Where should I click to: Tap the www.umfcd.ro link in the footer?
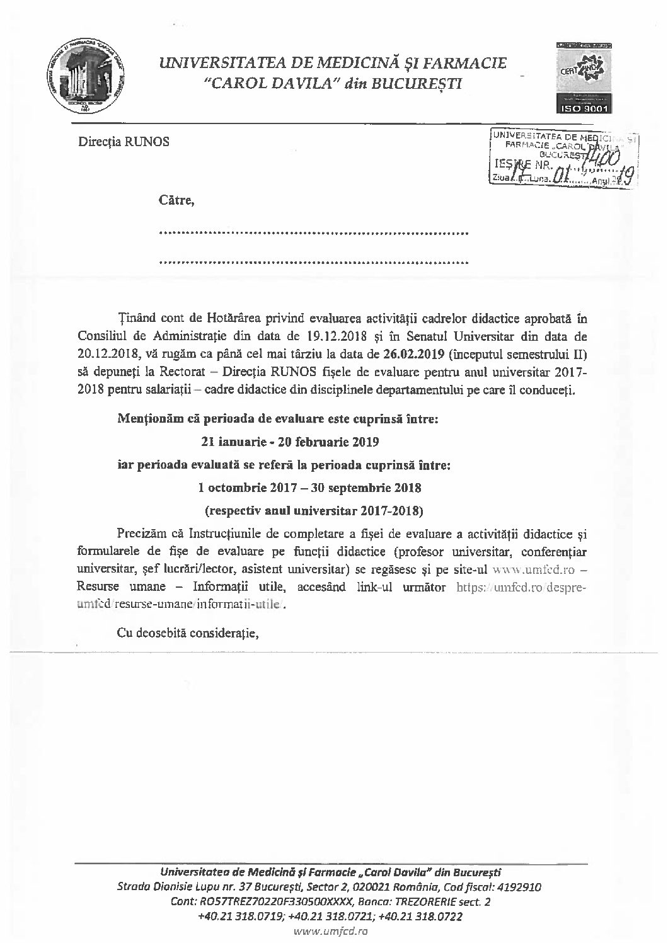(x=331, y=930)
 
